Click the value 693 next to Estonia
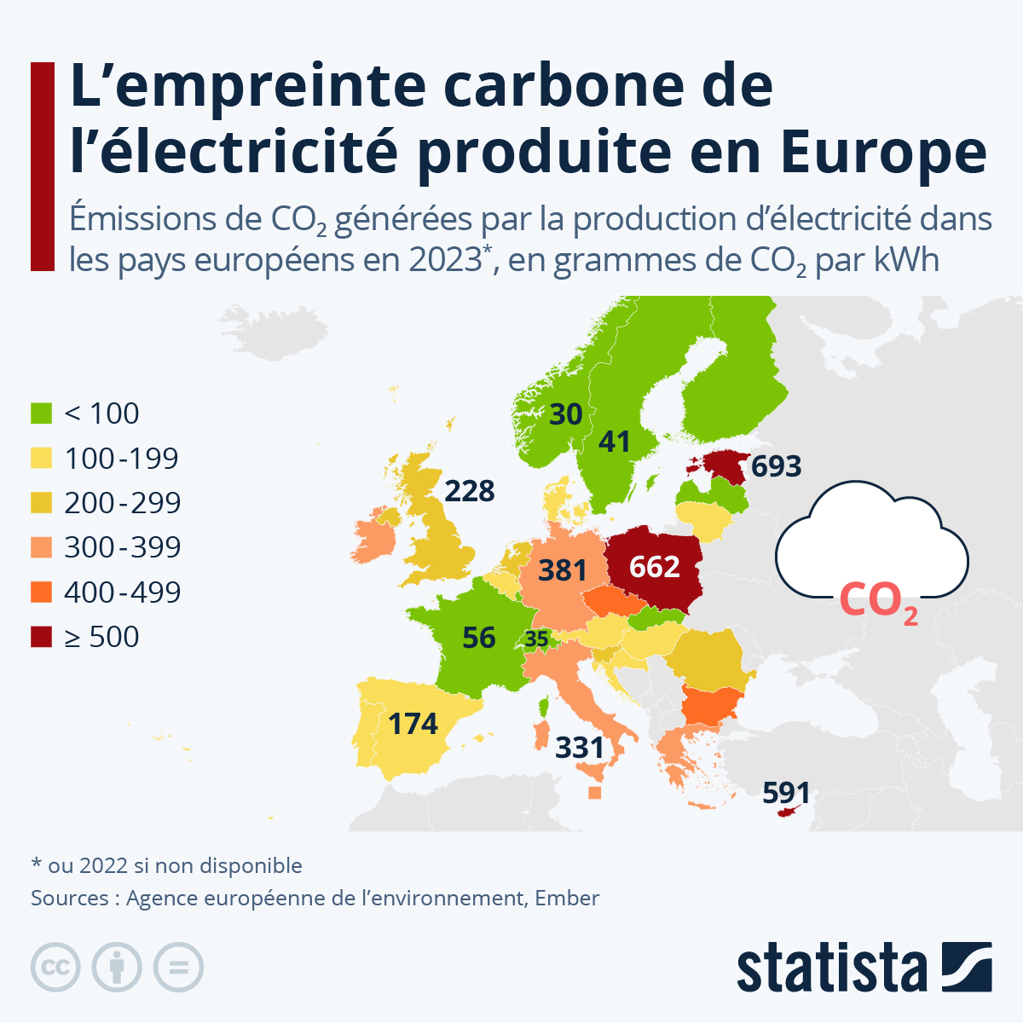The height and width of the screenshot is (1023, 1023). click(776, 466)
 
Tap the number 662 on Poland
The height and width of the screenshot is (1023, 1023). click(655, 567)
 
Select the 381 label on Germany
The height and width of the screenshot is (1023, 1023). click(563, 569)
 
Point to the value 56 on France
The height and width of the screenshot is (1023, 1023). click(479, 637)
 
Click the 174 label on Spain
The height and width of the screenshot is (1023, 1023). click(413, 724)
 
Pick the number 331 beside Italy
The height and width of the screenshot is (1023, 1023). click(580, 748)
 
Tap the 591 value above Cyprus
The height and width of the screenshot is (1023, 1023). click(786, 792)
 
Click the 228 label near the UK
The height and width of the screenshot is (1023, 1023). click(470, 491)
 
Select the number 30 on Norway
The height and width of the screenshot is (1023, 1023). click(566, 414)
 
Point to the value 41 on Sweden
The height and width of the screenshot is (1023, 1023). click(614, 442)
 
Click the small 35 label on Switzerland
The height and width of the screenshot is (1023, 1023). click(537, 639)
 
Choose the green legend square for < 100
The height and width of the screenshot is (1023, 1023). click(42, 413)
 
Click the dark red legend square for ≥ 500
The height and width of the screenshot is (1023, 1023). click(42, 637)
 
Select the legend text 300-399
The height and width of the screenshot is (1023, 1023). click(123, 547)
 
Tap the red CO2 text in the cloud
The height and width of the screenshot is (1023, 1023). click(878, 601)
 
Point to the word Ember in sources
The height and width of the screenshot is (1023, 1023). click(567, 898)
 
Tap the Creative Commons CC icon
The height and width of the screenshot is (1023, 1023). click(55, 968)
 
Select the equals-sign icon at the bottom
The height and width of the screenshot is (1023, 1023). click(178, 968)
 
